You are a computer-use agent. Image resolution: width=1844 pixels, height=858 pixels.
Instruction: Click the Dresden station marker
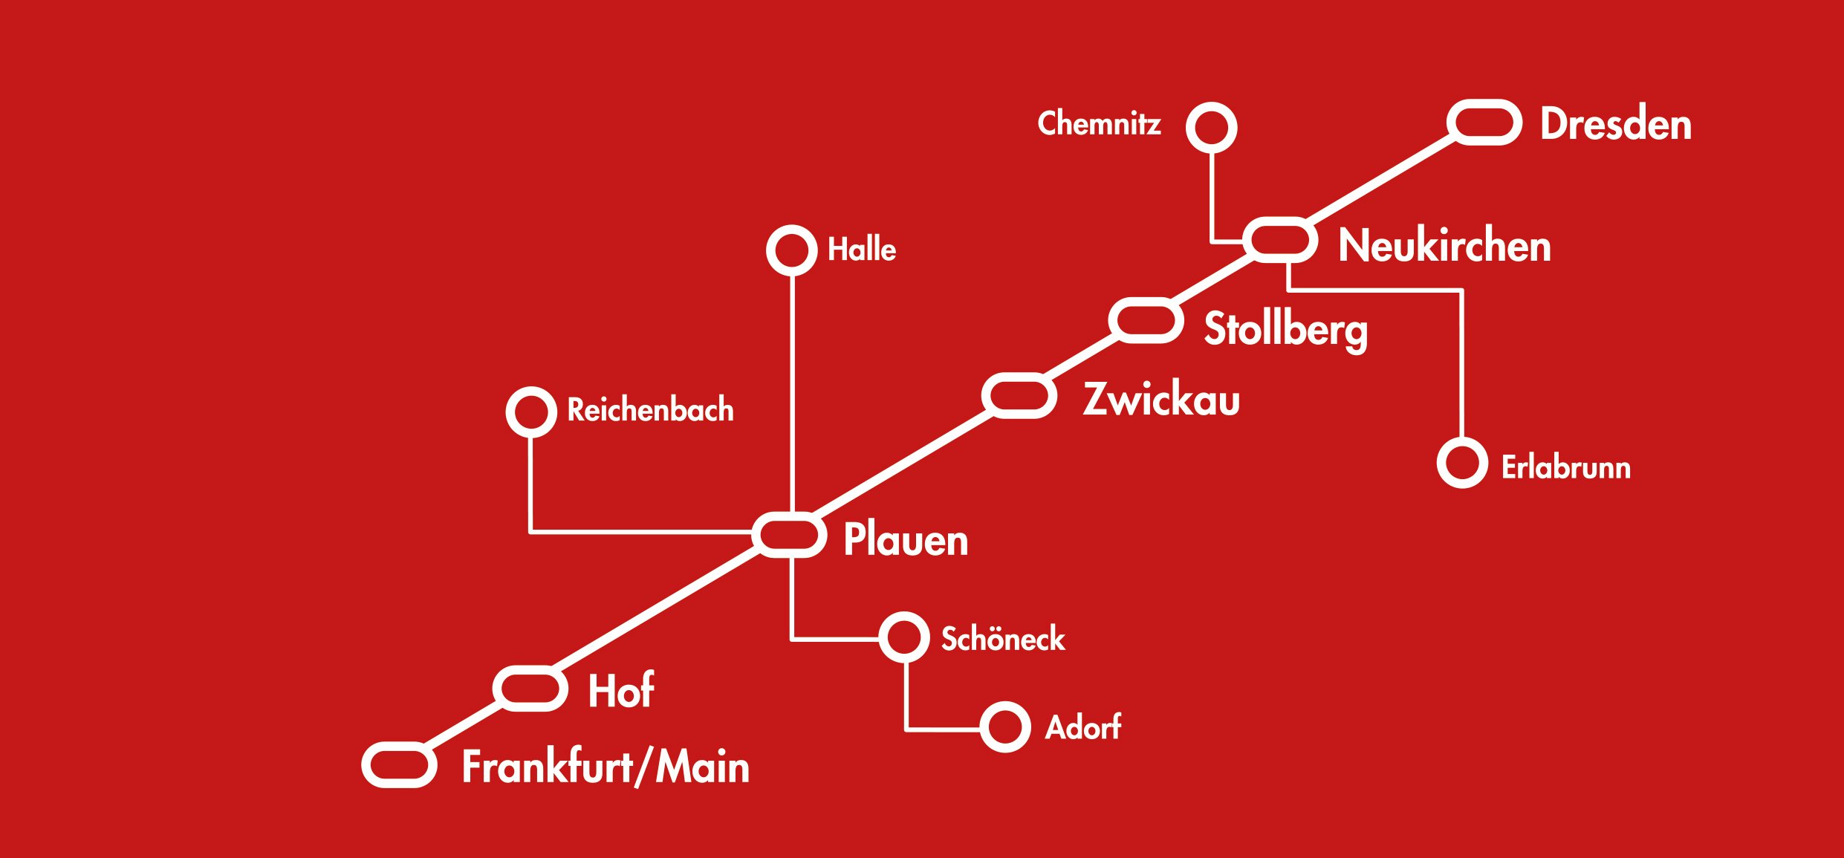[x=1484, y=123]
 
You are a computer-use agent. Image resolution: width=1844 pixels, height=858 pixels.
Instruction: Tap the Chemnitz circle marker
[x=1212, y=128]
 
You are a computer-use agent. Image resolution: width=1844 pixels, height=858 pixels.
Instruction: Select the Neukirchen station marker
[x=1280, y=240]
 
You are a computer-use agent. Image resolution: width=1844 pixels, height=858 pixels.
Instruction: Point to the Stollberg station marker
[x=1146, y=321]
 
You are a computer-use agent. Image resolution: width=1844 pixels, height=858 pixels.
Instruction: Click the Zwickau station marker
[x=1019, y=396]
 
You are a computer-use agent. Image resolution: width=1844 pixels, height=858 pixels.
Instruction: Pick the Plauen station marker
[x=789, y=535]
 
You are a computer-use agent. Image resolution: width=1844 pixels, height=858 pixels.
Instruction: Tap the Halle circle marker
[x=792, y=250]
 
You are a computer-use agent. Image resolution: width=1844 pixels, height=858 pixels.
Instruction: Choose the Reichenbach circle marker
[x=531, y=412]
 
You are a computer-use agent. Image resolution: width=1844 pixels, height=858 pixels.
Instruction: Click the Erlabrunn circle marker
[x=1462, y=463]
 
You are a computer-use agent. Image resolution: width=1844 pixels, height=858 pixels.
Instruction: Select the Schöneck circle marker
[x=904, y=637]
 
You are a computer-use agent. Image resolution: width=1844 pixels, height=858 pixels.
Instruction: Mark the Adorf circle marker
[x=1005, y=727]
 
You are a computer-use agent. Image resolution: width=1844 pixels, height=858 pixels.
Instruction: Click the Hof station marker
[x=530, y=689]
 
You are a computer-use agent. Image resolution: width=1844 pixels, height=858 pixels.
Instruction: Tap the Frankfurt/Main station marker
[x=399, y=765]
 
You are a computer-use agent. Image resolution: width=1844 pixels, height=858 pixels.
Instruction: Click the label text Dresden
[x=1616, y=124]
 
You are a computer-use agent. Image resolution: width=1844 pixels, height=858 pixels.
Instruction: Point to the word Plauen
[x=906, y=540]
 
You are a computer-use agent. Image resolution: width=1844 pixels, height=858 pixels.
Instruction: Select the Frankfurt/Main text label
[x=606, y=767]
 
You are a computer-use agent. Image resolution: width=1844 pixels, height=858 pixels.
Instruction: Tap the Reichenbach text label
[x=650, y=410]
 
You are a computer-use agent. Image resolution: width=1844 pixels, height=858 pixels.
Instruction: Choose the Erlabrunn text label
[x=1566, y=467]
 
